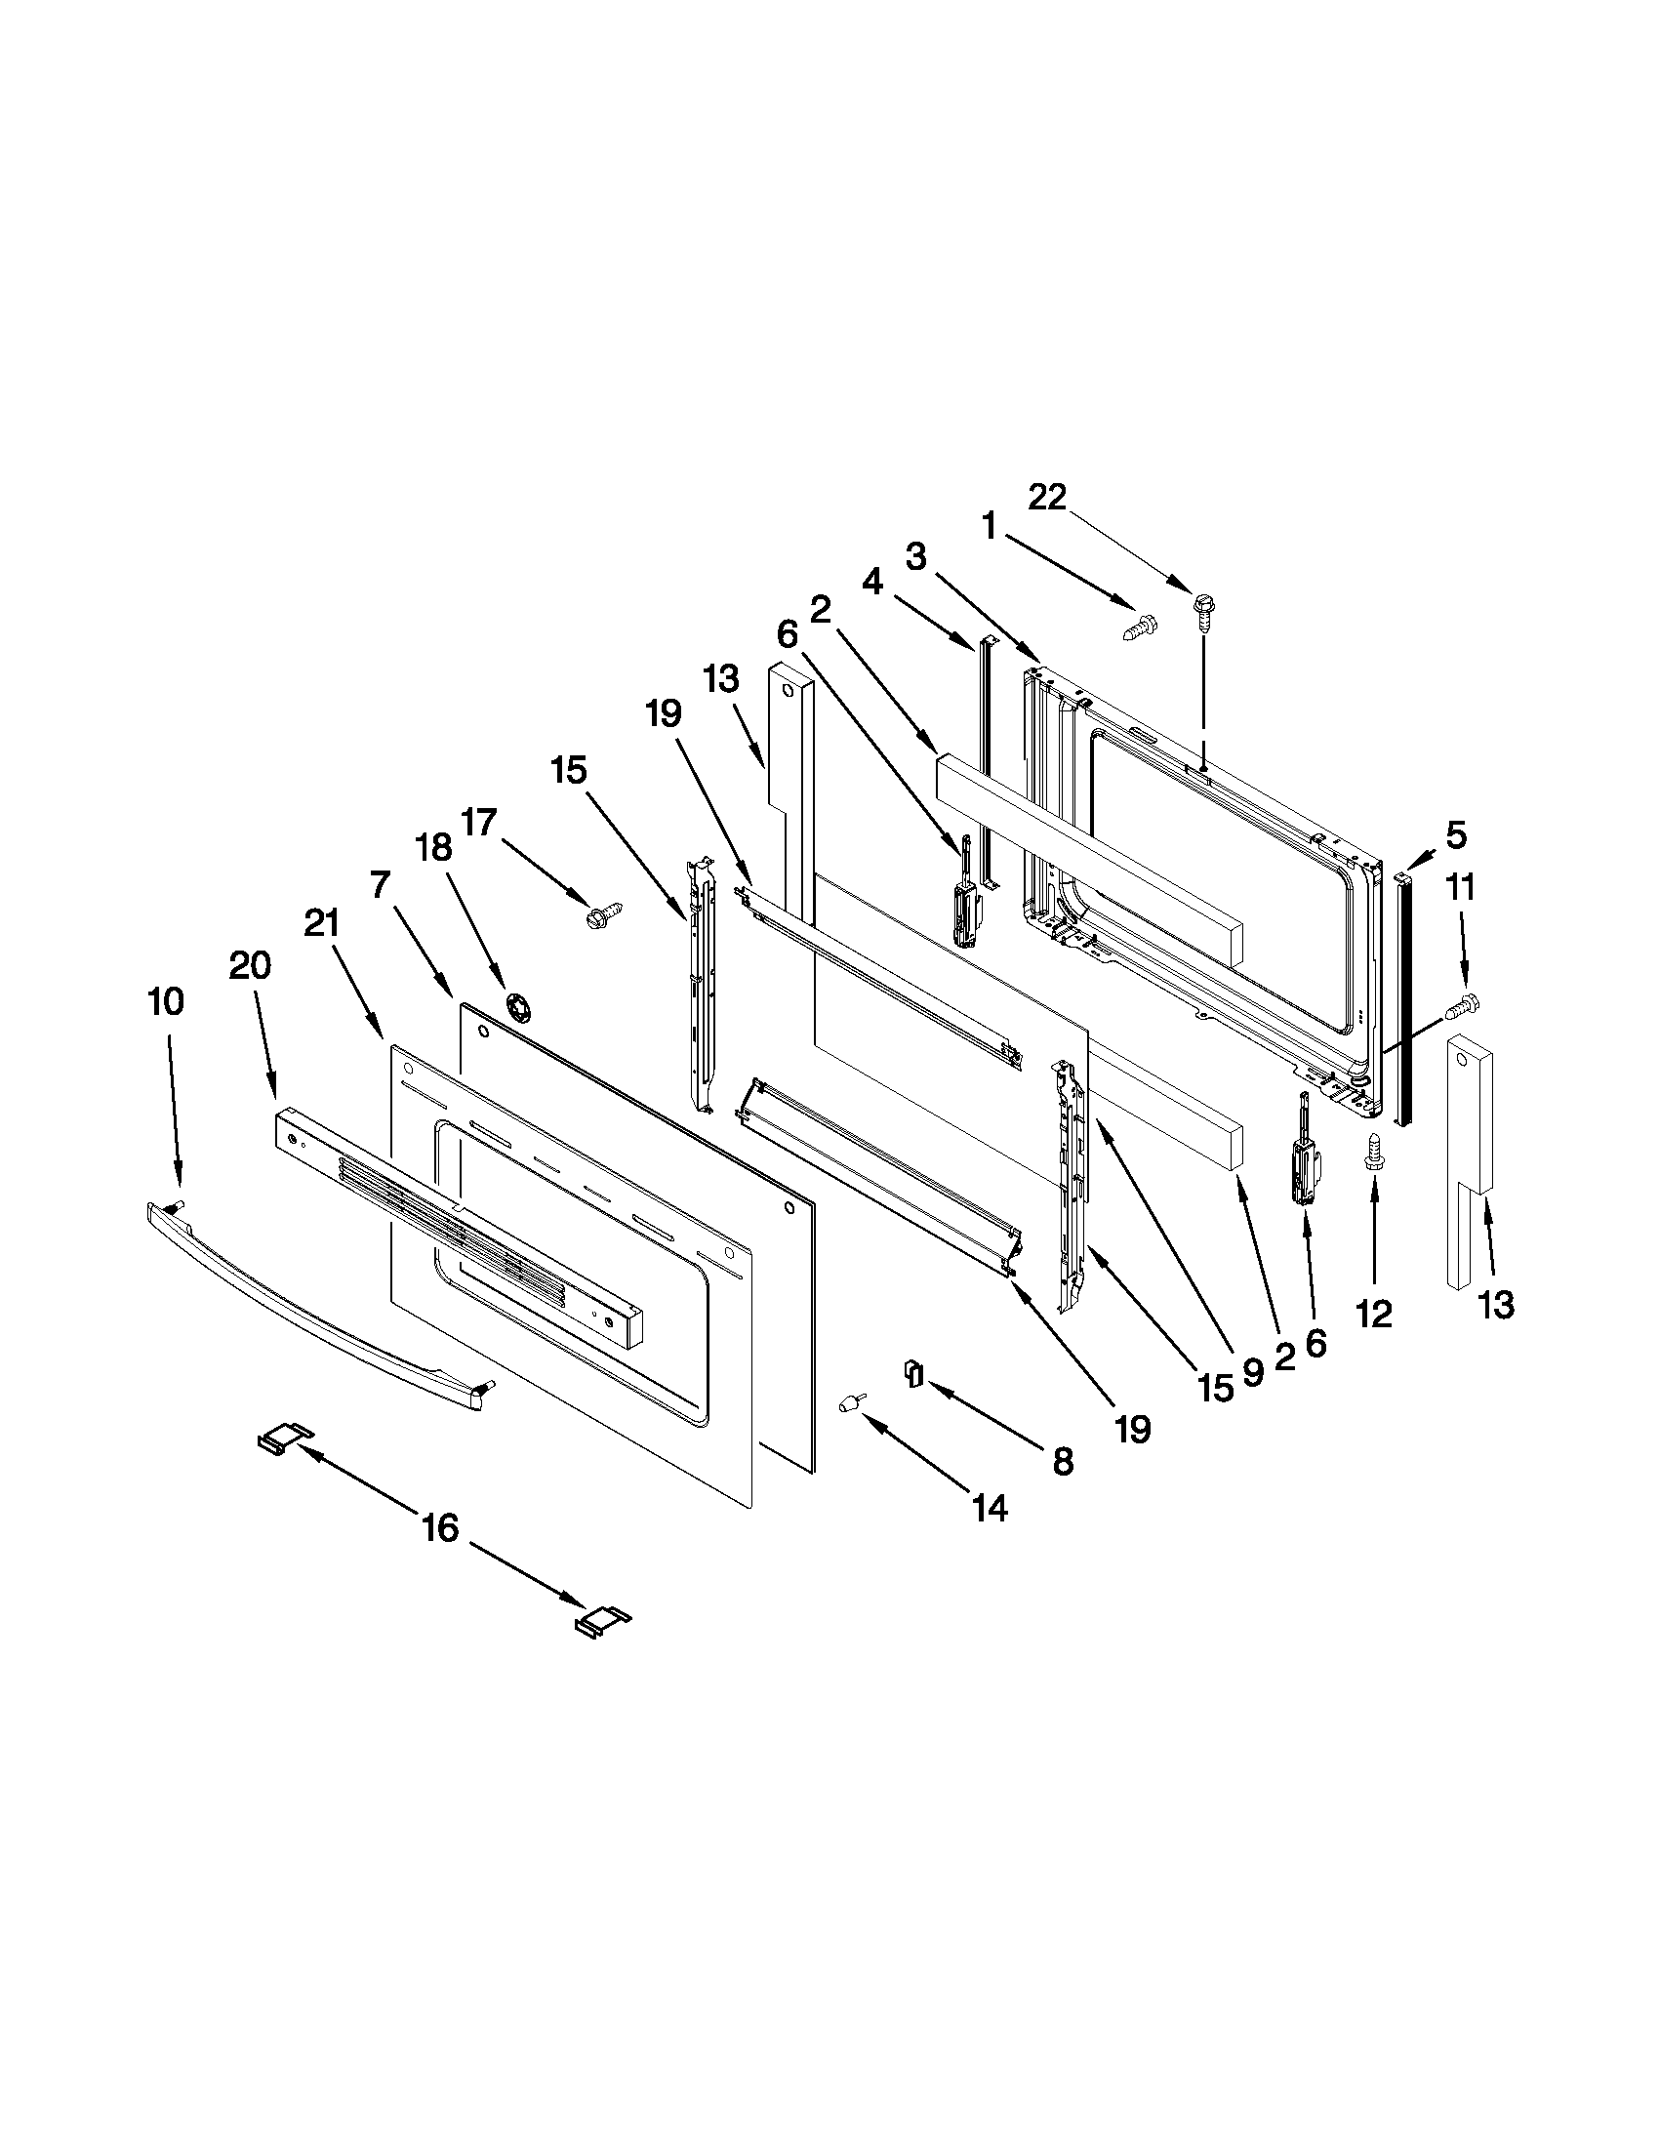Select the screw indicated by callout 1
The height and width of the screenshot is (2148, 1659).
pos(1140,626)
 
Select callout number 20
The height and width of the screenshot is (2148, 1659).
pos(250,967)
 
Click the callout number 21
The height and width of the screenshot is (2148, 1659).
pos(321,923)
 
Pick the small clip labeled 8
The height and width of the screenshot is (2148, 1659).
pos(912,1371)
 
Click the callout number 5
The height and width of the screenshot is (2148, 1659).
pos(1455,835)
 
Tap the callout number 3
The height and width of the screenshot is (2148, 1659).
pos(916,557)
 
